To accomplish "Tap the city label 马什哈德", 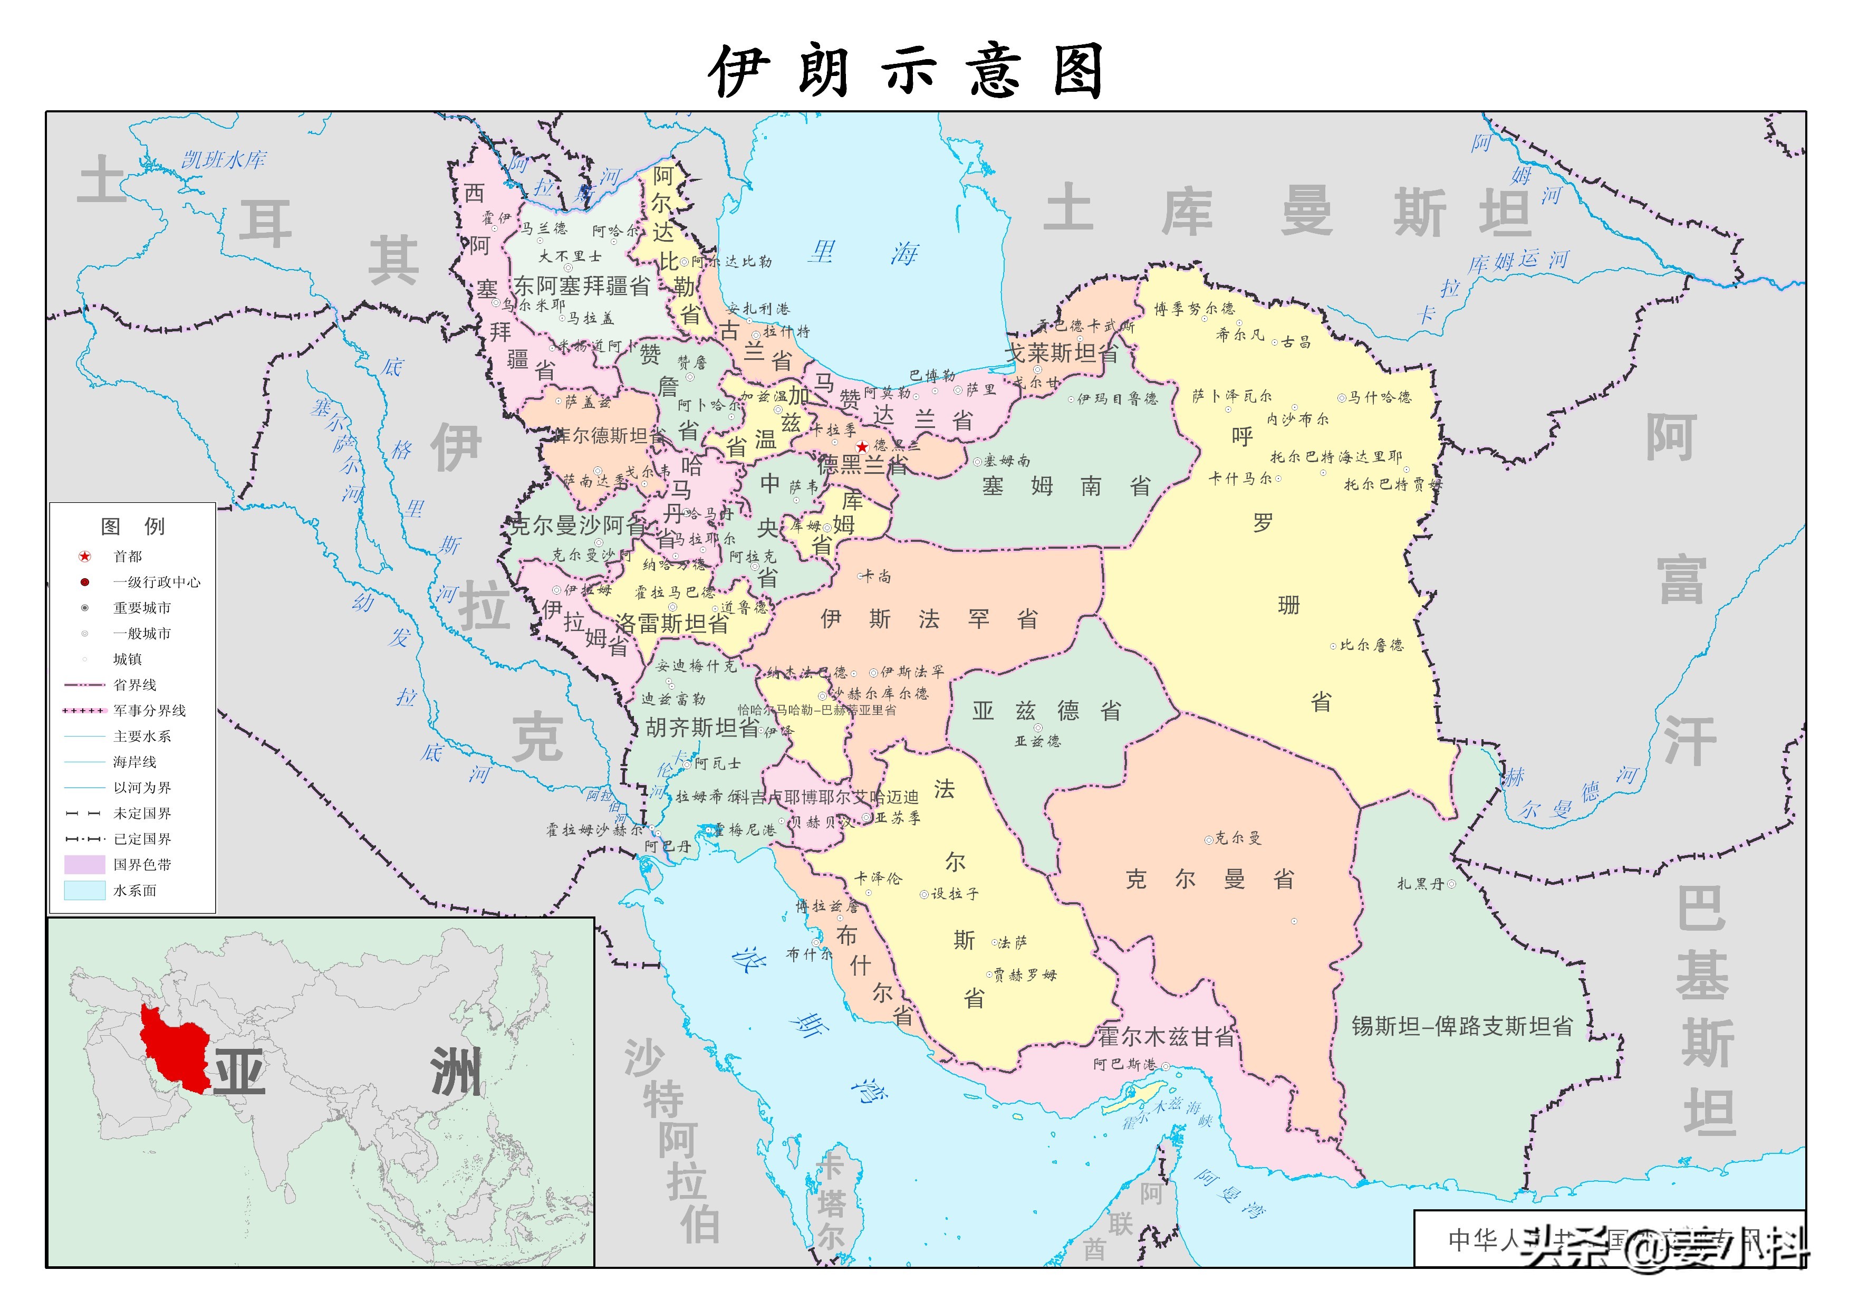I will click(1379, 397).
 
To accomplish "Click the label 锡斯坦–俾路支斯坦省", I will click(1462, 1026).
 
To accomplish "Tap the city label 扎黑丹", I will click(1420, 884).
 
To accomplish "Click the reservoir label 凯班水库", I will click(223, 159).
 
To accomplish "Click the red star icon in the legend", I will click(84, 556).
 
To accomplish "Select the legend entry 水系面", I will click(134, 891).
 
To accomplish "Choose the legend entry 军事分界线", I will click(149, 710).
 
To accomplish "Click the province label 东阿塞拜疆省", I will click(582, 285).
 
